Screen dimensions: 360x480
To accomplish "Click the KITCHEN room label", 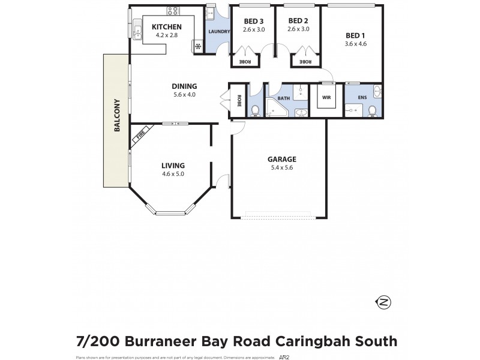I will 167,27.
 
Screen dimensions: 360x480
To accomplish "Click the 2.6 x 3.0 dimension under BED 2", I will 298,29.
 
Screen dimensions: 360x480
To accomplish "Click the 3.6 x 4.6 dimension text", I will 356,44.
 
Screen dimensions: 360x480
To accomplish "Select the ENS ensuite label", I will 363,97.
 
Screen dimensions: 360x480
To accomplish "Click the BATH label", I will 283,98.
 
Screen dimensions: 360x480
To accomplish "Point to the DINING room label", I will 185,86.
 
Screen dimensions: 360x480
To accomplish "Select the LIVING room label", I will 173,166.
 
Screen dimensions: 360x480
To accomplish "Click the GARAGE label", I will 282,159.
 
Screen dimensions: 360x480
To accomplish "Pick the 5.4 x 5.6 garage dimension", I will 282,167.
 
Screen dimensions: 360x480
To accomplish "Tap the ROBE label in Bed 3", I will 245,61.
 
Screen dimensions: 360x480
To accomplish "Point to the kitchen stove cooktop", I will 175,10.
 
